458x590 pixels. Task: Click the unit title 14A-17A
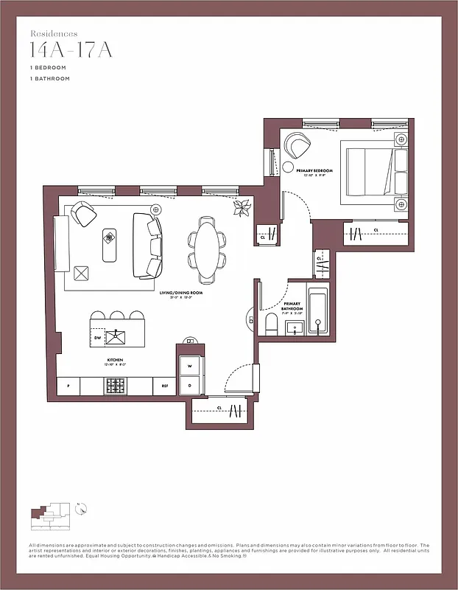[x=62, y=50]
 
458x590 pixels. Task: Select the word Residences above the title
[x=54, y=33]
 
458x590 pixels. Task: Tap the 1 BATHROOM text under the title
[x=50, y=78]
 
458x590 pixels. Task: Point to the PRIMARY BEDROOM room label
[x=314, y=171]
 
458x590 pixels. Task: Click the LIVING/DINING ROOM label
[x=181, y=293]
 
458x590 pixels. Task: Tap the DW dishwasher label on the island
[x=98, y=338]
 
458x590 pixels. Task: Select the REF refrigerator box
[x=164, y=386]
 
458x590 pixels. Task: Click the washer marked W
[x=189, y=366]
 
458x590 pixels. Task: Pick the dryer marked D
[x=189, y=385]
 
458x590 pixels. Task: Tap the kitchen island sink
[x=116, y=337]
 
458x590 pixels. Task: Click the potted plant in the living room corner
[x=242, y=209]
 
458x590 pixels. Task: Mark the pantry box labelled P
[x=68, y=386]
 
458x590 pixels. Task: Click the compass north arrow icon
[x=82, y=508]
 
